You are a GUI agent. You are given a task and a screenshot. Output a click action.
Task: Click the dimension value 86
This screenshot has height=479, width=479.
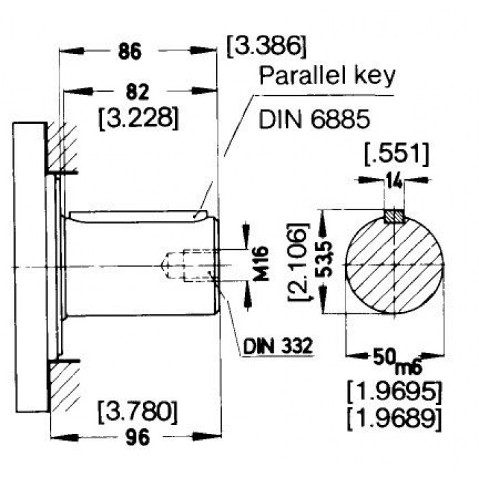130,51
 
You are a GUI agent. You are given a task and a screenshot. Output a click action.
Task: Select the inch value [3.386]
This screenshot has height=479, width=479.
266,46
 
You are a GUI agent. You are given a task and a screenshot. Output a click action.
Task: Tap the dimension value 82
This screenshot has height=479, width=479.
138,92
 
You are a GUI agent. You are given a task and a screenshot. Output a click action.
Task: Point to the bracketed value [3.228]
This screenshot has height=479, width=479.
138,118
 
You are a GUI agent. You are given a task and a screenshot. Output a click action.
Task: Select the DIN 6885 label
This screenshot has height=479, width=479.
314,118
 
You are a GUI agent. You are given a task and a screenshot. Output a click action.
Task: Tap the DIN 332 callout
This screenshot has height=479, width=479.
278,346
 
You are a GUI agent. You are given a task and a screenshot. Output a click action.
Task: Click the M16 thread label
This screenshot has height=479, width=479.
261,263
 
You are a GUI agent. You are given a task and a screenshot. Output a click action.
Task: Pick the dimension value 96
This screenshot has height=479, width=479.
138,437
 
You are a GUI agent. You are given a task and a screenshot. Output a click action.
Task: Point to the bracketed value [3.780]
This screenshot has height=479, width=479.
138,412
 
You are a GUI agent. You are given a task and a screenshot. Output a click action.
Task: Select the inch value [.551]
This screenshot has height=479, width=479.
397,155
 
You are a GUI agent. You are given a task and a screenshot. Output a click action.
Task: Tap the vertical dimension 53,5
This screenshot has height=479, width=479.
326,259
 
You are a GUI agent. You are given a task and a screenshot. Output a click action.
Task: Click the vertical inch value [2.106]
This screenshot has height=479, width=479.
298,262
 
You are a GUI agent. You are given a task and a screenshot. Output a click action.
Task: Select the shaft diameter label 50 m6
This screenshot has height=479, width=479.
397,360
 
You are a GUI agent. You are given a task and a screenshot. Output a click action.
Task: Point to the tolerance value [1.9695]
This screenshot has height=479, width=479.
394,391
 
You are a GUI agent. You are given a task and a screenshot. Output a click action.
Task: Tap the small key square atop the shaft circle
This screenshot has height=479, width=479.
393,216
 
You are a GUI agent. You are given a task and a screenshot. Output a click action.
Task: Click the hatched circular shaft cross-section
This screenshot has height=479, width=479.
394,265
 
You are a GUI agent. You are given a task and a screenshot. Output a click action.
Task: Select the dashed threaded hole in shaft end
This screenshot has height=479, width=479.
190,265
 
